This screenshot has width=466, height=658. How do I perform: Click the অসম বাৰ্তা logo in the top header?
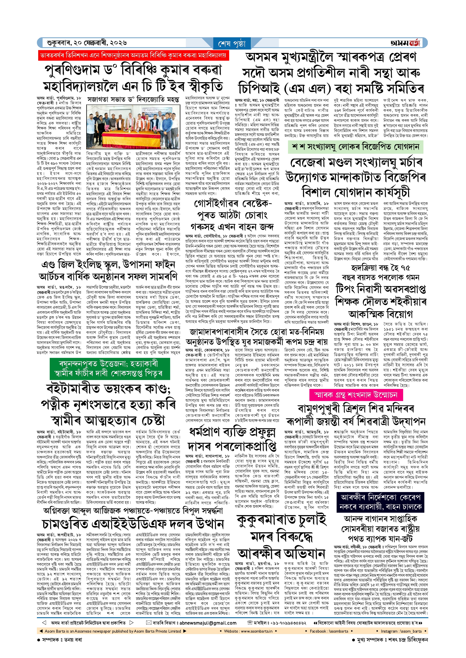pyautogui.click(x=405, y=43)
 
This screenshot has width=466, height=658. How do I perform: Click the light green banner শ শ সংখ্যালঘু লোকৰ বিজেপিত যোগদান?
pyautogui.click(x=355, y=147)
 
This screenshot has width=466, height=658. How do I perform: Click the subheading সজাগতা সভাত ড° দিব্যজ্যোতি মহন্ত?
pyautogui.click(x=133, y=100)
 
